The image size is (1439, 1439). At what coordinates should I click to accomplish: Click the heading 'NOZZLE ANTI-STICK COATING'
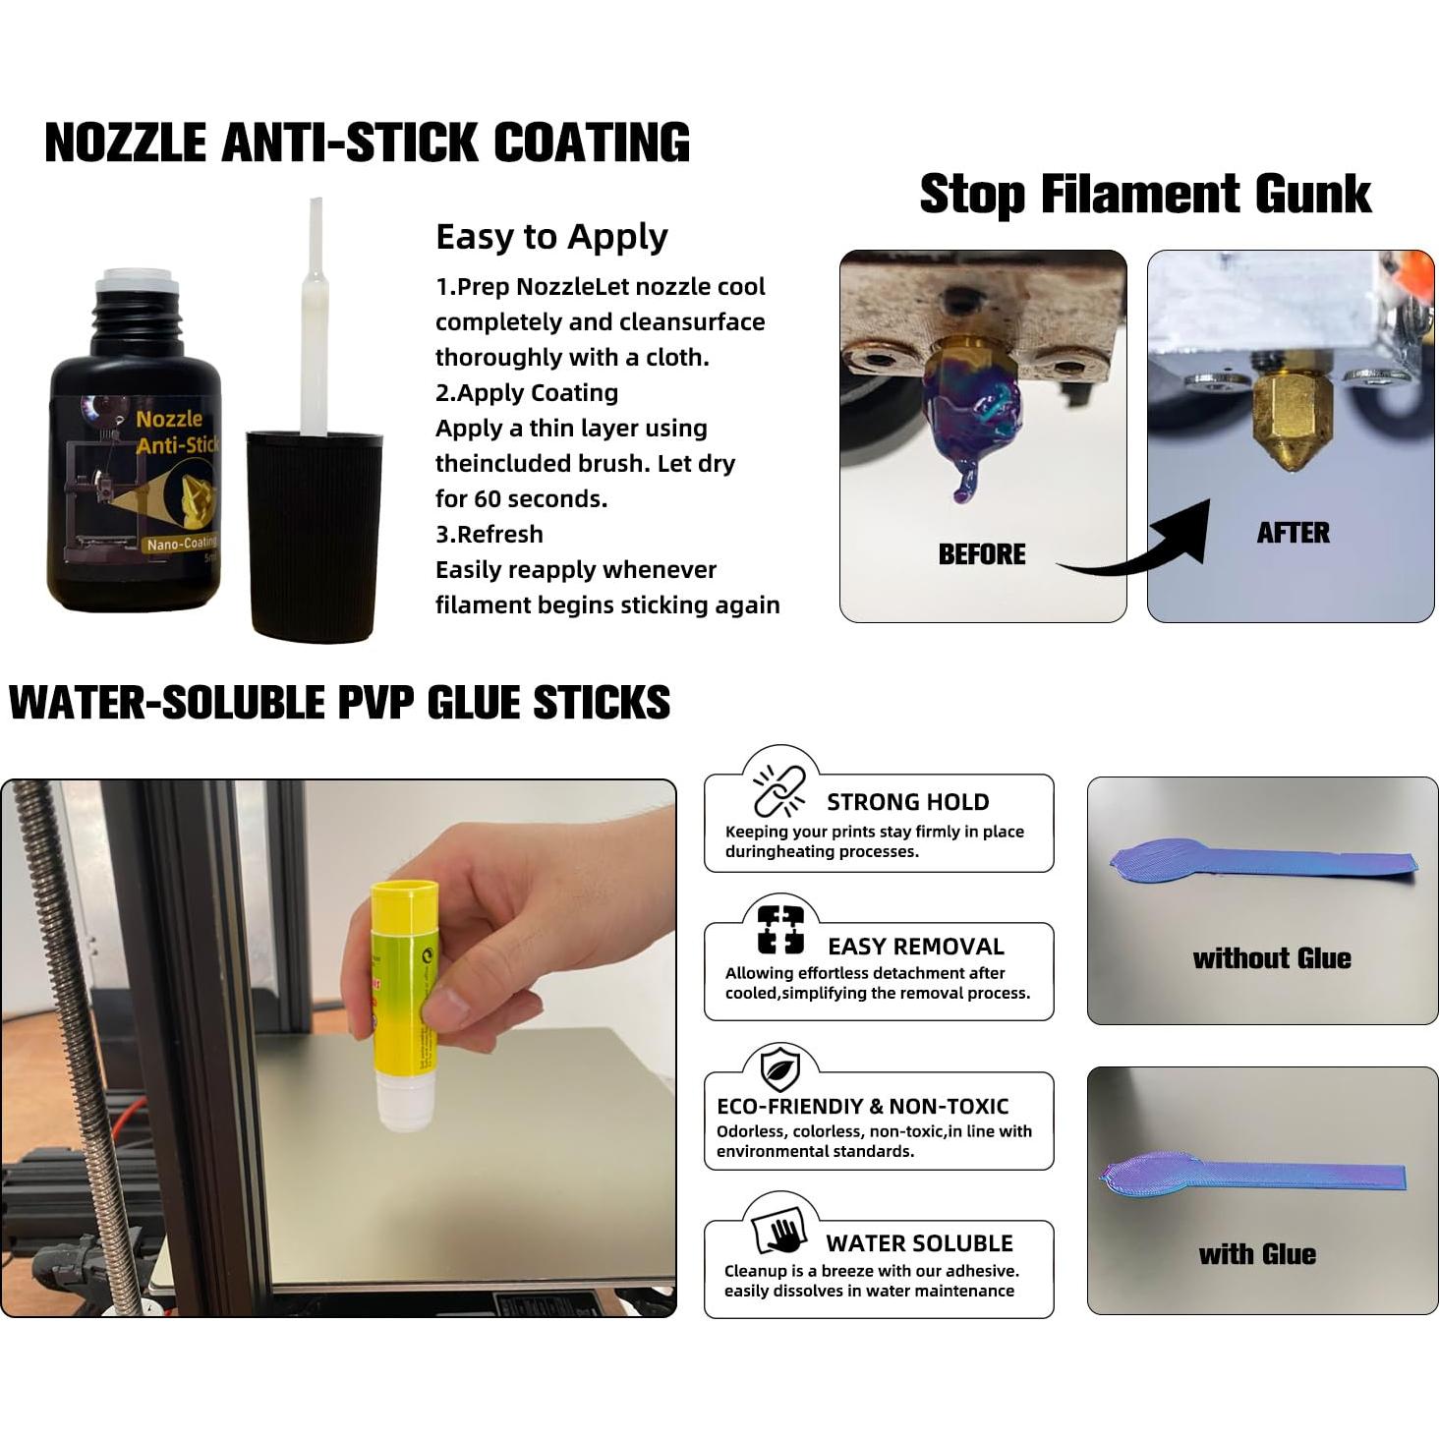pyautogui.click(x=367, y=144)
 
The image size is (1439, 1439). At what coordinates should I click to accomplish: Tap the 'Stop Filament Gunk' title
pyautogui.click(x=1144, y=194)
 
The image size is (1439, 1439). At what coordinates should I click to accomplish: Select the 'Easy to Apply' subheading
pyautogui.click(x=551, y=237)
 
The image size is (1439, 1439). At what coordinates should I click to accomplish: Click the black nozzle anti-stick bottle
pyautogui.click(x=135, y=462)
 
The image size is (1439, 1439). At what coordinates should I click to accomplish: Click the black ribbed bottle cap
pyautogui.click(x=314, y=536)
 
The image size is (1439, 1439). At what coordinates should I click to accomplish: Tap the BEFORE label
pyautogui.click(x=981, y=554)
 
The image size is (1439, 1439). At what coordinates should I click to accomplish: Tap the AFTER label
pyautogui.click(x=1293, y=533)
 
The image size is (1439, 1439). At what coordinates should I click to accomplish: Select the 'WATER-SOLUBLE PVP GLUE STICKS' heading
pyautogui.click(x=339, y=704)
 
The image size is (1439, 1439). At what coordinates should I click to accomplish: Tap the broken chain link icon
pyautogui.click(x=779, y=791)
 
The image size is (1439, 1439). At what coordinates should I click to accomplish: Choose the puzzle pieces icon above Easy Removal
pyautogui.click(x=780, y=930)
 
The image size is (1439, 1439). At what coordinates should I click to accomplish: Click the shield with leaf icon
pyautogui.click(x=780, y=1069)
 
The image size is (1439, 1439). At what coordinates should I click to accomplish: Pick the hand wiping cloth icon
pyautogui.click(x=780, y=1230)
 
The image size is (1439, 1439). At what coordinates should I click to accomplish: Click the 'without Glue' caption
pyautogui.click(x=1271, y=958)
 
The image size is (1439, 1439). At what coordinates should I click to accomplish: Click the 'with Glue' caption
pyautogui.click(x=1256, y=1254)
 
